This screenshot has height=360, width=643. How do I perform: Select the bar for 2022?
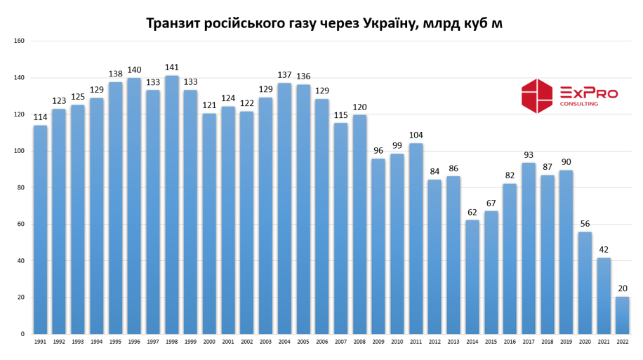[623, 315]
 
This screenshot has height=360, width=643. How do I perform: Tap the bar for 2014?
[472, 277]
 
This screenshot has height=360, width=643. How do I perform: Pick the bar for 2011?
[416, 239]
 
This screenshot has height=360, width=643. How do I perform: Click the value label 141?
[172, 68]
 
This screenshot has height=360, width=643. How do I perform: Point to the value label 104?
[416, 135]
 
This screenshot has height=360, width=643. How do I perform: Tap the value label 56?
[585, 224]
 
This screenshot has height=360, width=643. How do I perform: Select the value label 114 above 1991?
[41, 117]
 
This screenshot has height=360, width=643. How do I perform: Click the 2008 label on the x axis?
[359, 342]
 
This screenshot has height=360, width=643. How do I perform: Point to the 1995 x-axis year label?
[116, 342]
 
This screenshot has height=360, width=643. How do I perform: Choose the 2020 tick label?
[585, 342]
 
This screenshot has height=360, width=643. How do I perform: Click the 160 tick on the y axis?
[20, 41]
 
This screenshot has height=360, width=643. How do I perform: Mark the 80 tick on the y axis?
[21, 187]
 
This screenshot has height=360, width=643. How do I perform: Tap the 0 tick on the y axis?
[22, 334]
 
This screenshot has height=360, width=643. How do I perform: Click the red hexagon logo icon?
[537, 96]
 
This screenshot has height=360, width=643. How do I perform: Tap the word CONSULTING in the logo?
[579, 104]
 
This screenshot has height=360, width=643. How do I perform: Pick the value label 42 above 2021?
[604, 249]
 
